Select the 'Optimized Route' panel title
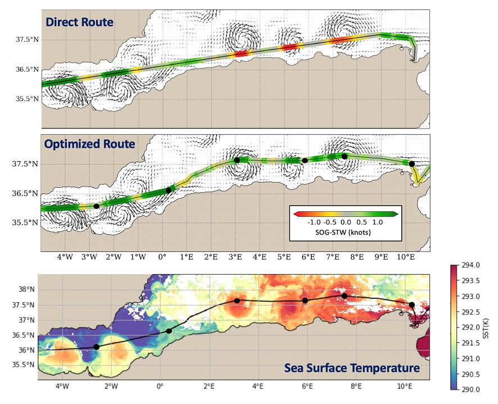click(90, 144)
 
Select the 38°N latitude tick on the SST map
click(26, 290)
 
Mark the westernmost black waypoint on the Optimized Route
click(96, 206)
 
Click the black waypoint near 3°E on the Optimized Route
click(237, 160)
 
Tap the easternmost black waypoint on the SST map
click(411, 305)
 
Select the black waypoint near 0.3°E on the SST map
click(169, 330)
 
